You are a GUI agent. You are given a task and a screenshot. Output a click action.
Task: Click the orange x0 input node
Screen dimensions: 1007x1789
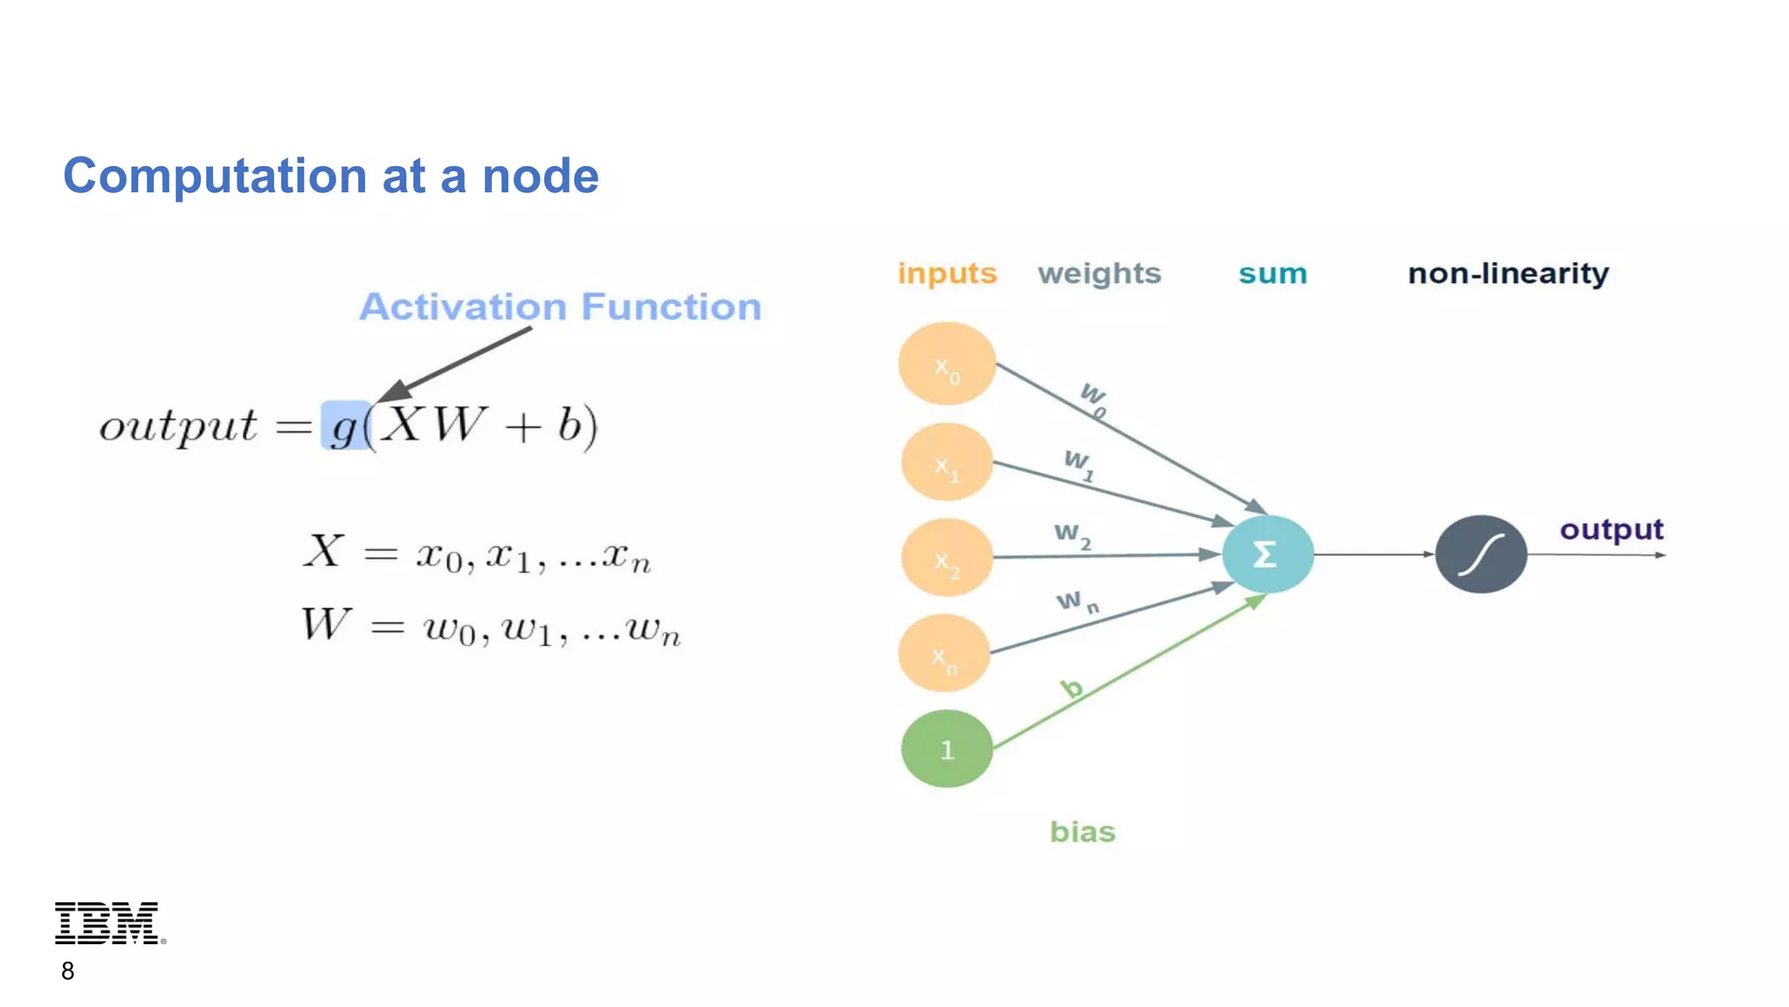(x=947, y=364)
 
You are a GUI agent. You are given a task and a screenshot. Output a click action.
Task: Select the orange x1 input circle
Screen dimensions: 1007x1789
(x=947, y=462)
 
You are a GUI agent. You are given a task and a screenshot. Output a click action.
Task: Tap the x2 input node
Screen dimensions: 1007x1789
(x=947, y=558)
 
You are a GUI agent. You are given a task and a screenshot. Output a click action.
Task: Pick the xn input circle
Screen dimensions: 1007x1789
(x=944, y=654)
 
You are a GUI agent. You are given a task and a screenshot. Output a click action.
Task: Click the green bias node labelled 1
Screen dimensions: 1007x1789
(x=947, y=749)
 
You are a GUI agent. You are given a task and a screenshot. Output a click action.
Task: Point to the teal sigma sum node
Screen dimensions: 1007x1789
(x=1267, y=554)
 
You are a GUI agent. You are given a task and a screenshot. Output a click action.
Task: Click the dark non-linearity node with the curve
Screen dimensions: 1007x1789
(x=1481, y=554)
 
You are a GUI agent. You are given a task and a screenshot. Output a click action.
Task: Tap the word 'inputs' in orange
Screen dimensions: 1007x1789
(x=947, y=274)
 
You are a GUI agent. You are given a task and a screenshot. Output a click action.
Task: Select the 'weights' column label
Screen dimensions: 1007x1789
(x=1099, y=274)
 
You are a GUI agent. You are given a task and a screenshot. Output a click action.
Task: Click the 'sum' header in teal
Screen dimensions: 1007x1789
(x=1272, y=274)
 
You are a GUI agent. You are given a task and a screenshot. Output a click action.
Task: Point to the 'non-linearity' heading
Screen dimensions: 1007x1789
(x=1508, y=274)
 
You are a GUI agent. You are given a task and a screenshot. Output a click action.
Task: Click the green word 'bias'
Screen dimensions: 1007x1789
(x=1082, y=831)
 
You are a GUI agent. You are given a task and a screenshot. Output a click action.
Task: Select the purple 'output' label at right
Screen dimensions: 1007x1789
(x=1611, y=530)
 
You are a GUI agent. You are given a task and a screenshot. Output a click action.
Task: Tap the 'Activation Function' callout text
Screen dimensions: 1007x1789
(x=560, y=307)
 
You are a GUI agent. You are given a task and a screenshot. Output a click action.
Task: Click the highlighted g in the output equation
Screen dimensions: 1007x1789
(x=345, y=426)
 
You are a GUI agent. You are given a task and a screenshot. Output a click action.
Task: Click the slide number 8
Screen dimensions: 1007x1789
(x=67, y=971)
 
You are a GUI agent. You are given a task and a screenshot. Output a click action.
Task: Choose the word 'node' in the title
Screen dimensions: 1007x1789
(x=540, y=176)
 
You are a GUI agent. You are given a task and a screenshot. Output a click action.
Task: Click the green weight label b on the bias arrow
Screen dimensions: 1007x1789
(x=1072, y=689)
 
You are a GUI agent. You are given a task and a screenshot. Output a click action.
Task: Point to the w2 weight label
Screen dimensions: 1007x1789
(x=1072, y=534)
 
